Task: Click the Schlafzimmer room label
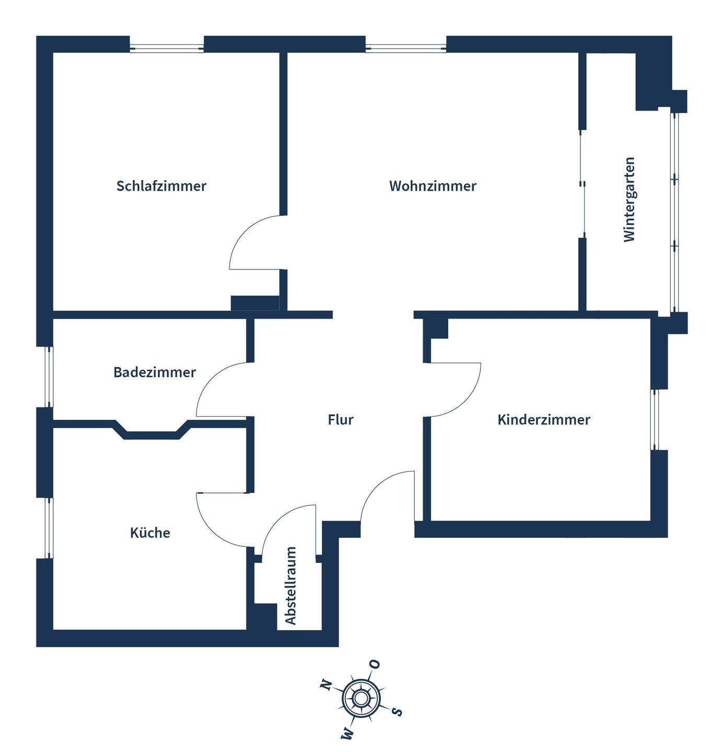(x=161, y=186)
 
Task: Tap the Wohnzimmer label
(x=433, y=186)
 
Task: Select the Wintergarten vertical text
(x=629, y=199)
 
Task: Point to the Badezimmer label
(x=155, y=372)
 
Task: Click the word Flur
(x=341, y=419)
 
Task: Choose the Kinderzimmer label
(x=544, y=419)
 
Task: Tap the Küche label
(x=150, y=533)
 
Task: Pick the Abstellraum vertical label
(x=291, y=585)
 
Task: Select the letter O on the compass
(x=375, y=664)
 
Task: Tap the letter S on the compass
(x=398, y=711)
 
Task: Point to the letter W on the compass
(x=347, y=734)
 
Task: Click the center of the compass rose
(x=361, y=698)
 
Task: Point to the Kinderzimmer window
(x=655, y=419)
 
